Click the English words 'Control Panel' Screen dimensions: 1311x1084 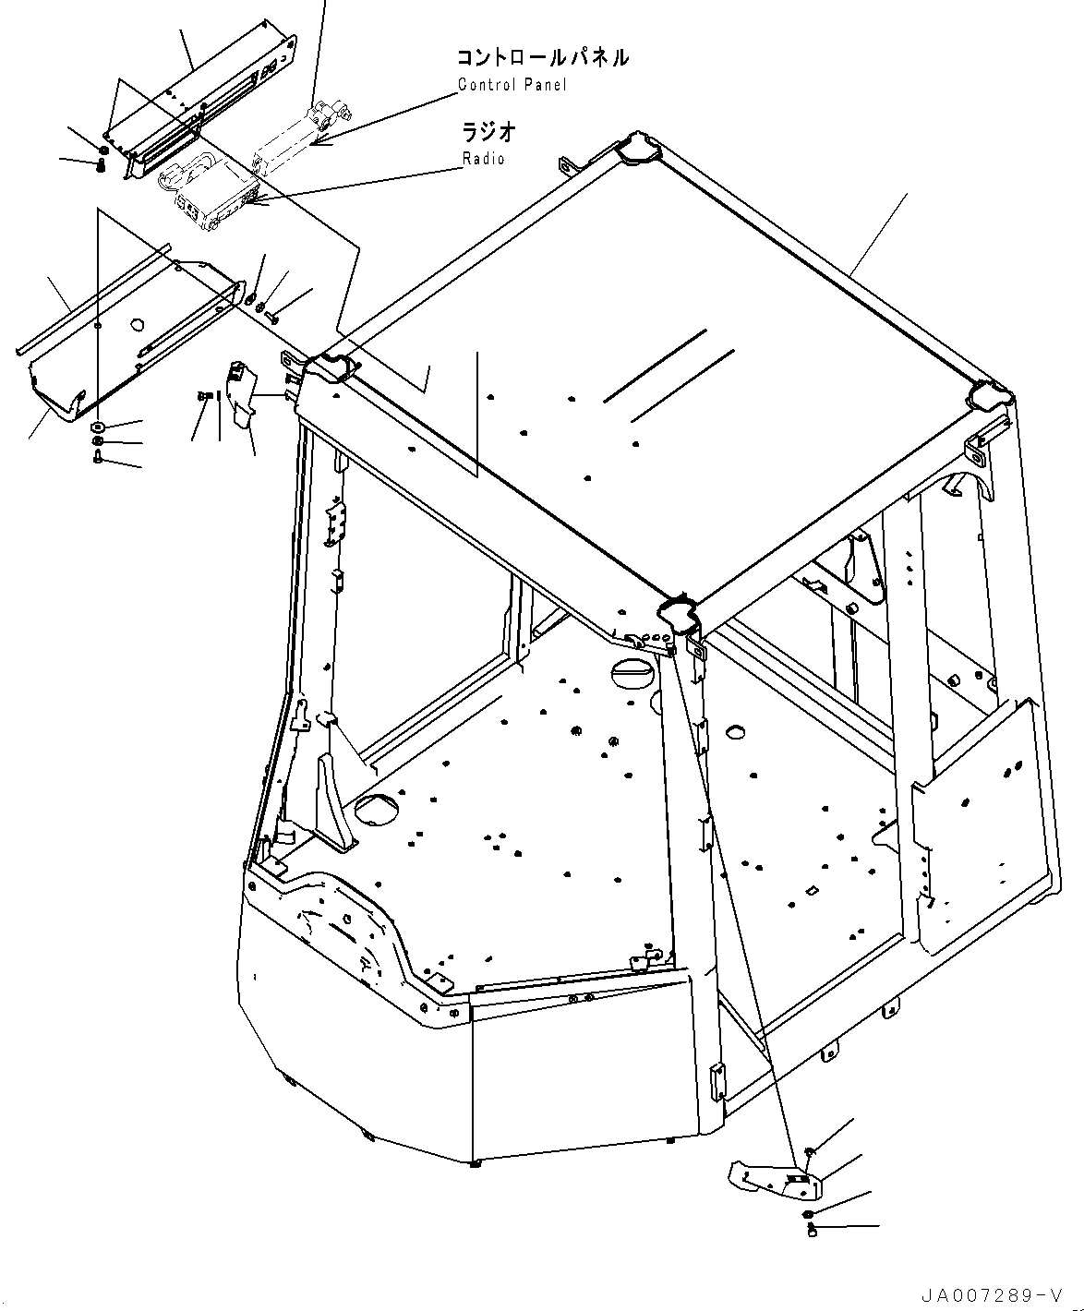(512, 85)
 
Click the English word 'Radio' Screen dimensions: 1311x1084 (484, 159)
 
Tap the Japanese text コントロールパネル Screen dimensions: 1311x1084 (543, 57)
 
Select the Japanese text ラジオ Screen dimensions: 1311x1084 (488, 132)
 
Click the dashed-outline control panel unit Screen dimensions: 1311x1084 (295, 134)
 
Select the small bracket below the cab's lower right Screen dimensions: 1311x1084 (772, 1180)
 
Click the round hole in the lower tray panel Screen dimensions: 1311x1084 (137, 325)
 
